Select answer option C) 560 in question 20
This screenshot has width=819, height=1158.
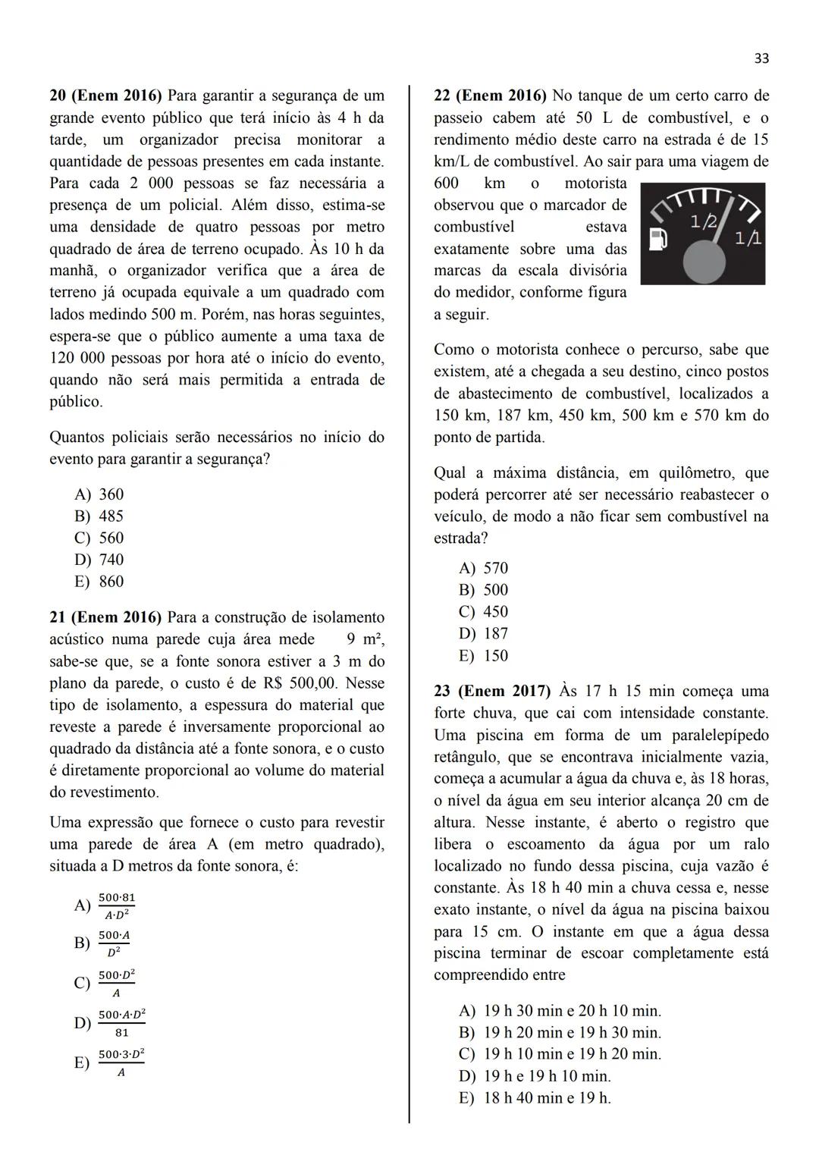[x=99, y=538]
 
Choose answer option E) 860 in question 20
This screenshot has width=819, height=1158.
[x=99, y=582]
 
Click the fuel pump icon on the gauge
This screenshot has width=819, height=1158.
[x=661, y=240]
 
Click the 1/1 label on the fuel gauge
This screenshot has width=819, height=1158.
[x=748, y=238]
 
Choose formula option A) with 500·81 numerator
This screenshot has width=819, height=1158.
[x=106, y=905]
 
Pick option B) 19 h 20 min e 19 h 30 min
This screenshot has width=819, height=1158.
[x=560, y=1032]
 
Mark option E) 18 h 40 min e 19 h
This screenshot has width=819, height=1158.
[x=535, y=1097]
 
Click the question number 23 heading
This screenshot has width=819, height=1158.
[x=442, y=691]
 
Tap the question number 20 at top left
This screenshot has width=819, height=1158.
[x=58, y=96]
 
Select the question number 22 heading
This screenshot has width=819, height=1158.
[x=442, y=96]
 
